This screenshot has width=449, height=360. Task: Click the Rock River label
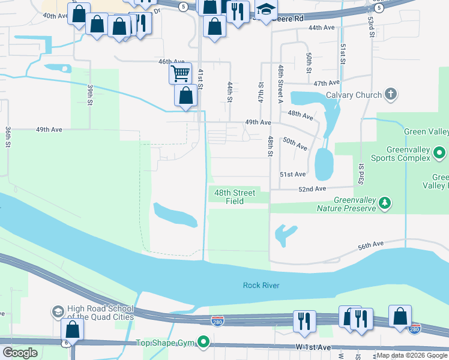pos(261,286)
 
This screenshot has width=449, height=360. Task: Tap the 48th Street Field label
pos(235,197)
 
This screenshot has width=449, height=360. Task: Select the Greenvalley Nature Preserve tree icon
pos(385,204)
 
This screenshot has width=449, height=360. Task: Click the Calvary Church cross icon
pos(391,94)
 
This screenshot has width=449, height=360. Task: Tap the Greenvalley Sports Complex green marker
pos(439,153)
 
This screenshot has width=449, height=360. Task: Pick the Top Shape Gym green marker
pos(204,343)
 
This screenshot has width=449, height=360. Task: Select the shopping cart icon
pos(180,74)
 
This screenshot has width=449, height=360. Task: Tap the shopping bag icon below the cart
pos(186,95)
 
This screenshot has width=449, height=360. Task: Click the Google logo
pos(20,353)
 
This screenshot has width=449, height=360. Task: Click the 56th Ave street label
pos(370,245)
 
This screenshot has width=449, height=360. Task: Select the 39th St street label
pos(90,95)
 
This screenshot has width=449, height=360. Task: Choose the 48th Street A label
pos(280,85)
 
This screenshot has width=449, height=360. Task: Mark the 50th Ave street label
pos(295,144)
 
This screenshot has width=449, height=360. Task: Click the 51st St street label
pos(343,54)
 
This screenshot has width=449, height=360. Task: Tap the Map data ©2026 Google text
pos(412,355)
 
